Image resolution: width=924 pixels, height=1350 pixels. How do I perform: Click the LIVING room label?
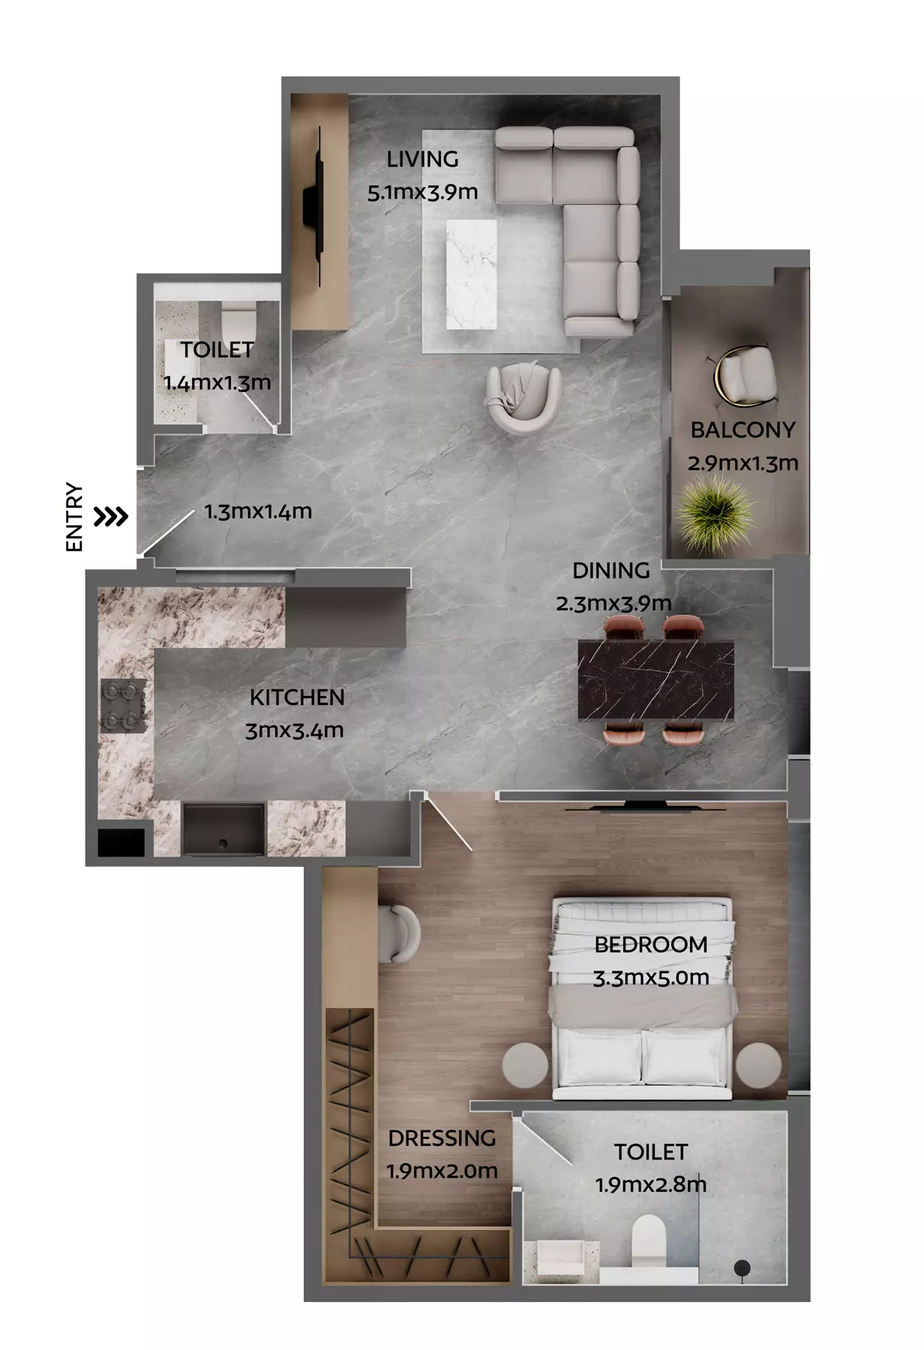pos(422,159)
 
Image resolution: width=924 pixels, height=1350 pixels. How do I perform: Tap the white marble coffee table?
pos(471,274)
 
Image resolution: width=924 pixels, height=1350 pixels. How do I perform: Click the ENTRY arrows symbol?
pos(111,517)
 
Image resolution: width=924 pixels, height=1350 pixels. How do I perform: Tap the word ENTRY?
pos(73,517)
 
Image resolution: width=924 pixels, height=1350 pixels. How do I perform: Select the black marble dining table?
pos(656,679)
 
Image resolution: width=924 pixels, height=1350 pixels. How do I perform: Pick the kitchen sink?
pos(223,829)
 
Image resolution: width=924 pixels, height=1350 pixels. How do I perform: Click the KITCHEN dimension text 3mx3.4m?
pos(295,730)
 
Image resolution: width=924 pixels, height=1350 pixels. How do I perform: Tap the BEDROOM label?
pos(651,945)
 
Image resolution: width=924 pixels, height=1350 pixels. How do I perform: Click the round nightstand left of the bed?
pos(525,1065)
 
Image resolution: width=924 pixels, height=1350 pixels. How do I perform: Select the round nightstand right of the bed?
pos(759,1065)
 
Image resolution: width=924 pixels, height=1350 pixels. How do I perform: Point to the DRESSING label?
pos(442,1138)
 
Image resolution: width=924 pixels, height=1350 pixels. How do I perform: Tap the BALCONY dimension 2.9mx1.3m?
pos(742,463)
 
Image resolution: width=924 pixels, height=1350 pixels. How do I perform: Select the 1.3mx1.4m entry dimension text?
pos(258,511)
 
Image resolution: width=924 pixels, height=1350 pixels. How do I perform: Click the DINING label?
pos(610,571)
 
